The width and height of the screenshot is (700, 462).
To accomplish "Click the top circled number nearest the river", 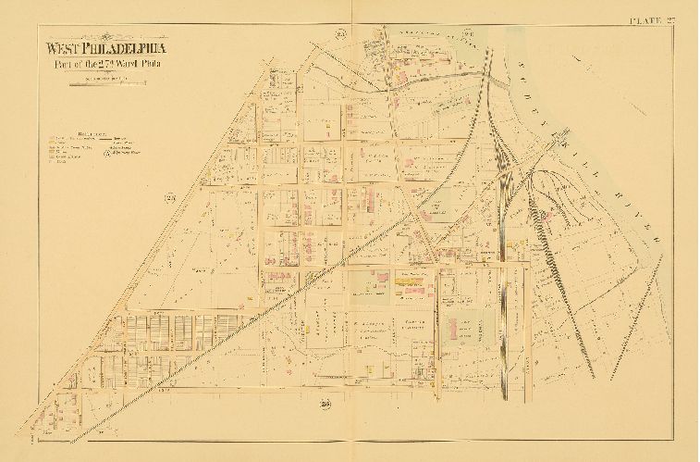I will tap(468, 35).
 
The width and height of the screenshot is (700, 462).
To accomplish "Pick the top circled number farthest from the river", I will tap(340, 35).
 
